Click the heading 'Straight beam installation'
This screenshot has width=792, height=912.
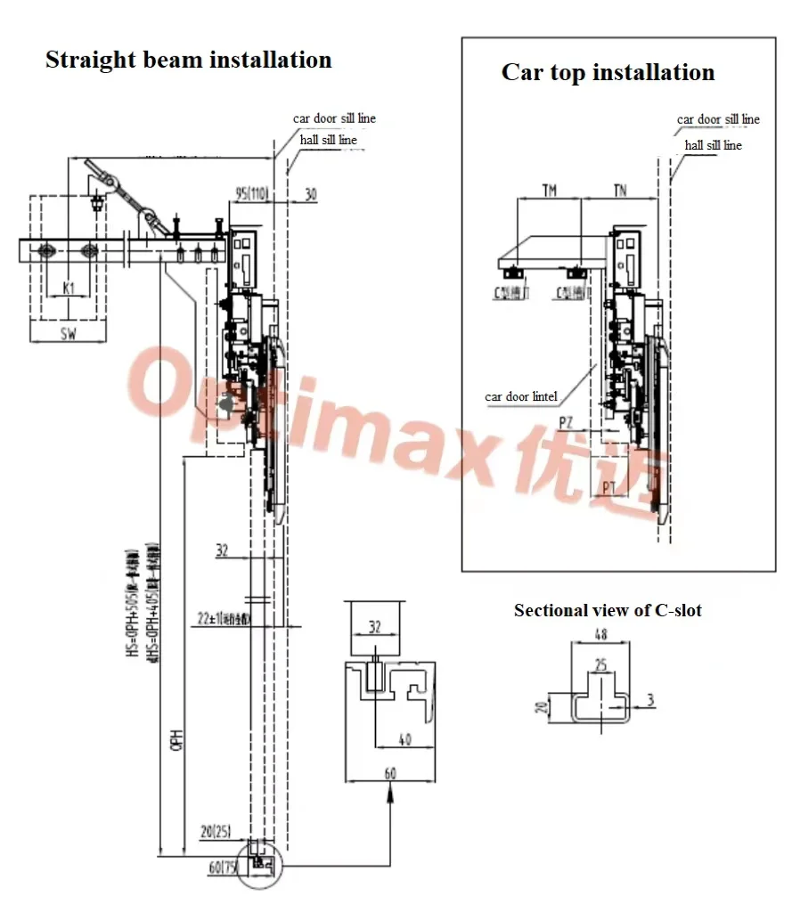click(x=188, y=61)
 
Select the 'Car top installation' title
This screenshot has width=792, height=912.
click(x=608, y=72)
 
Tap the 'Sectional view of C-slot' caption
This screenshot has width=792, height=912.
click(x=608, y=610)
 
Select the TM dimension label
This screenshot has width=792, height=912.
click(x=549, y=191)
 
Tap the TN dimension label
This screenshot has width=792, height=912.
click(x=620, y=191)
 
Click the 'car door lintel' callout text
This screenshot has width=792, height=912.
click(x=521, y=396)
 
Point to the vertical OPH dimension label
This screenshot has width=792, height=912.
click(x=178, y=738)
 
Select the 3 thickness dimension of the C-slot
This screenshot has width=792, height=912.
click(x=651, y=701)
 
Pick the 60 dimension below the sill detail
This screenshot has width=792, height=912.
click(x=390, y=773)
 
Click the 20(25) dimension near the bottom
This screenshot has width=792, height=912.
click(x=215, y=832)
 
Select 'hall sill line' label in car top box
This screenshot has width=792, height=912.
click(x=713, y=144)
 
